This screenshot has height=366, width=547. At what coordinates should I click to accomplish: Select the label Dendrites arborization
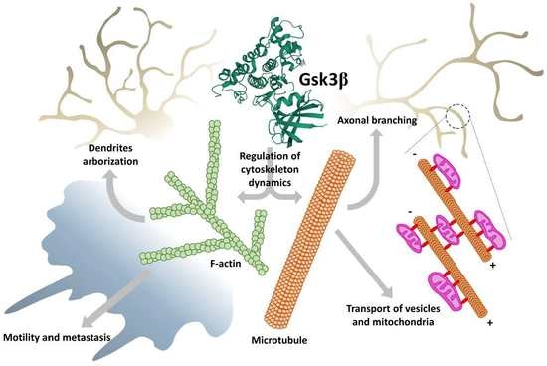pyautogui.click(x=113, y=154)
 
